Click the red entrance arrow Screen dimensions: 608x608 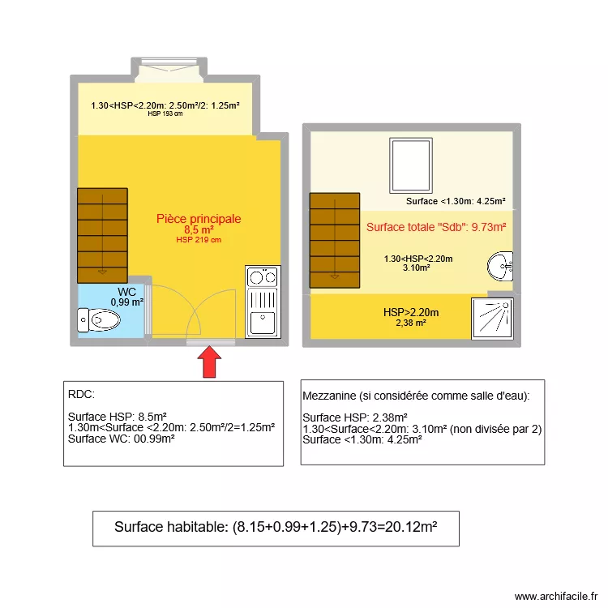210,362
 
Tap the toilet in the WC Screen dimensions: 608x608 97,321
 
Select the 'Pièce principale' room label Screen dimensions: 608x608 199,219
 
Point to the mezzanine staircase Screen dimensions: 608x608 334,241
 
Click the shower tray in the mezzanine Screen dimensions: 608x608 492,317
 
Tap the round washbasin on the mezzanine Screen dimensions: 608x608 500,265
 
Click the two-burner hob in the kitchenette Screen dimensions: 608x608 262,277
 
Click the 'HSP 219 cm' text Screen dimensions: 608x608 199,240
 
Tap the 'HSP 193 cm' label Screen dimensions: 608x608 165,114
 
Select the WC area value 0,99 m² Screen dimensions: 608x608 127,302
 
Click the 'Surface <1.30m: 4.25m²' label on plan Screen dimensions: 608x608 456,202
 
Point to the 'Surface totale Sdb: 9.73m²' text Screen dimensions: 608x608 436,227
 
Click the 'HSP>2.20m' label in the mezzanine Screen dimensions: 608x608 411,312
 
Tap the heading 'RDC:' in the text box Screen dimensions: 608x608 82,396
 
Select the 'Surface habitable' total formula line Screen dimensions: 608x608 276,527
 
